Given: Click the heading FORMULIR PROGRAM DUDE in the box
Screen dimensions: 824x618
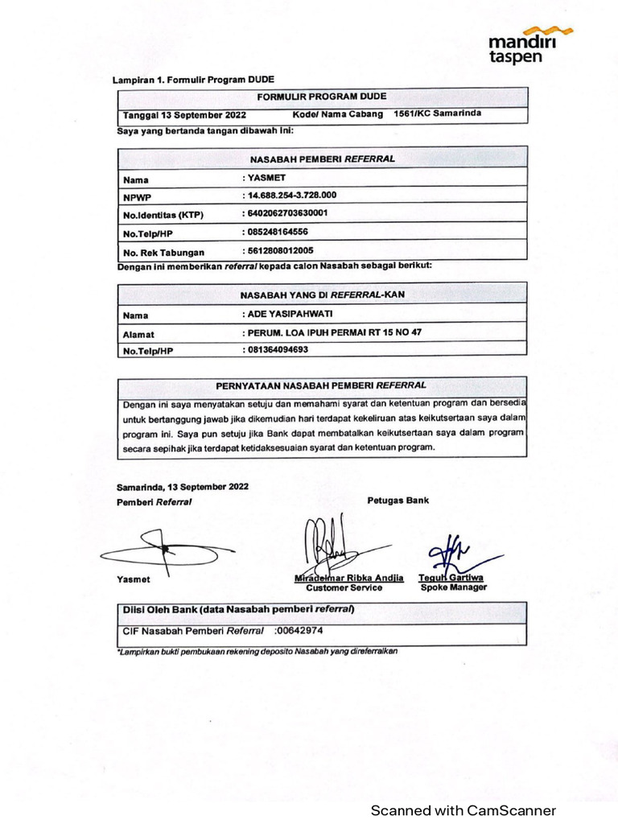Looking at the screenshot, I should click(x=322, y=97).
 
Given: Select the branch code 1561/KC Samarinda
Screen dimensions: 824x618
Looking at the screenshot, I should click(x=437, y=113).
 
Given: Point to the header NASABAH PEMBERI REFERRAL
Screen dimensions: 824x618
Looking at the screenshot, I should click(x=322, y=159).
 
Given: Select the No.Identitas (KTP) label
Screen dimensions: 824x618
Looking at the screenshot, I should click(x=163, y=216).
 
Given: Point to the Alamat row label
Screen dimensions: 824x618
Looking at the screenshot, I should click(x=139, y=333).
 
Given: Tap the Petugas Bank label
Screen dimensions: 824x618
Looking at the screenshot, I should click(x=398, y=500).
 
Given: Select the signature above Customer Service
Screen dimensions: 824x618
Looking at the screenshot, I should click(x=329, y=543).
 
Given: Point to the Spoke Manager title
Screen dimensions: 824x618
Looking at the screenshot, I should click(x=453, y=587).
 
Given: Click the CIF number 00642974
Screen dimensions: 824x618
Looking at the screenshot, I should click(x=299, y=632).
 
